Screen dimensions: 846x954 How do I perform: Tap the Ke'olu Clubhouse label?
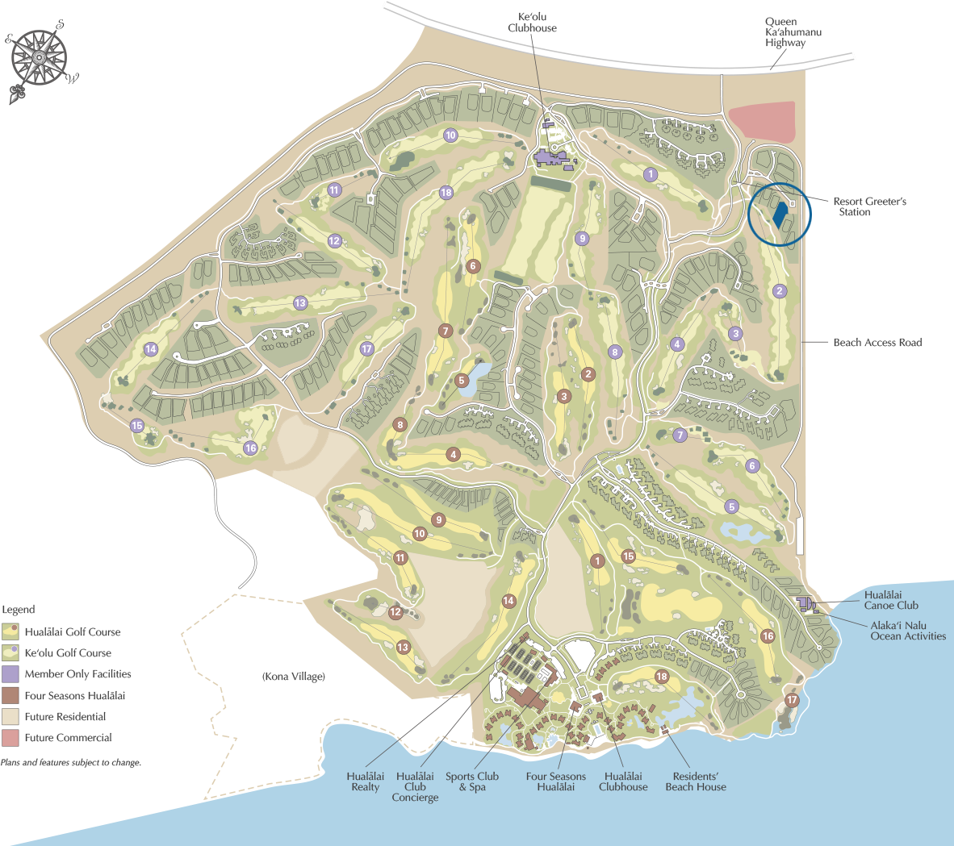click(533, 23)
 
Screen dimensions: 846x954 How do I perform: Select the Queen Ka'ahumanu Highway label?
click(793, 32)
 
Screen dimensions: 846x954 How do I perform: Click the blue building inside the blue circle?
click(780, 214)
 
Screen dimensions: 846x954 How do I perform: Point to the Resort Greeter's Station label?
click(869, 206)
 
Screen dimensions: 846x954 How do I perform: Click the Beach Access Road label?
click(877, 343)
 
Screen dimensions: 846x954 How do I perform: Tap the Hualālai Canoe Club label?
click(890, 600)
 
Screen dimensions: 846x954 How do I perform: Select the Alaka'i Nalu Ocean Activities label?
click(908, 631)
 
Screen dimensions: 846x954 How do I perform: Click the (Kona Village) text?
click(294, 677)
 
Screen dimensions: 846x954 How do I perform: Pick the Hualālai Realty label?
click(365, 781)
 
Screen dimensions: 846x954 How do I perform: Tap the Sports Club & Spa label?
click(472, 781)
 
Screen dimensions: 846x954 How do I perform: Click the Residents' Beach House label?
click(695, 781)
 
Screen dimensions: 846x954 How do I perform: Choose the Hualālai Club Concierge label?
click(415, 787)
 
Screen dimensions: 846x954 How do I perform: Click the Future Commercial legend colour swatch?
click(10, 738)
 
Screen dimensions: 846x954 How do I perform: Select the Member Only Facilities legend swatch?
click(10, 674)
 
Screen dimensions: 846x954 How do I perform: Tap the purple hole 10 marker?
click(450, 135)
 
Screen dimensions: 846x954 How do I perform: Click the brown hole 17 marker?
click(792, 700)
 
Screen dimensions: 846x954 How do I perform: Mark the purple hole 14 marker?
click(151, 349)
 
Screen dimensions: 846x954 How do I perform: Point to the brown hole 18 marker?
click(662, 677)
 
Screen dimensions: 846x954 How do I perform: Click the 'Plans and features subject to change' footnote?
click(71, 762)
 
